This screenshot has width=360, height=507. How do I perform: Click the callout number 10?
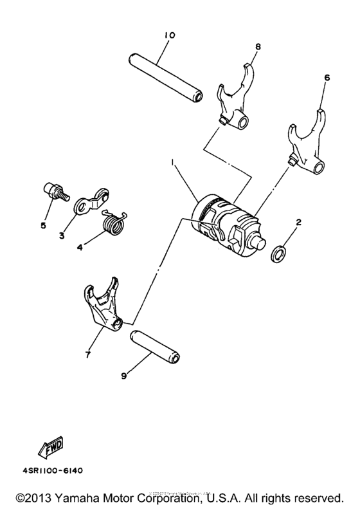coord(169,34)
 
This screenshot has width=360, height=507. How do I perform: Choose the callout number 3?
coord(62,235)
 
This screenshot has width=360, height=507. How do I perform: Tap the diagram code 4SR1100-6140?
coord(50,470)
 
